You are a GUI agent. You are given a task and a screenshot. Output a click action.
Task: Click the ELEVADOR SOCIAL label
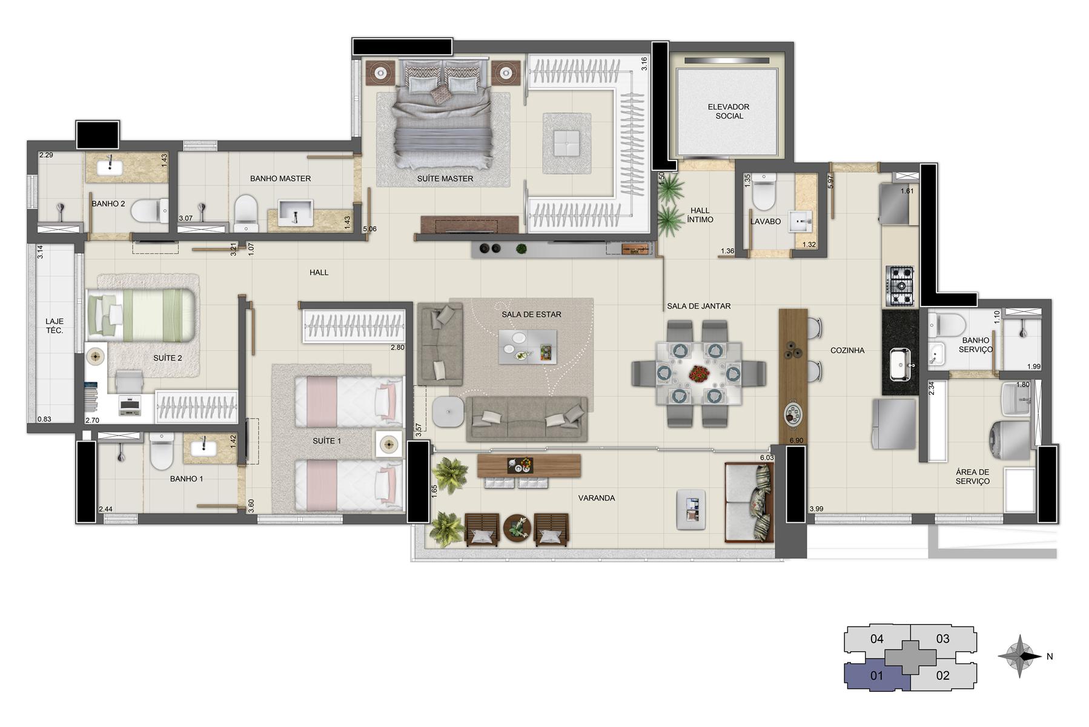coord(729,111)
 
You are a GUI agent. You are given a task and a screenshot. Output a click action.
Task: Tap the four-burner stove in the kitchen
coord(900,286)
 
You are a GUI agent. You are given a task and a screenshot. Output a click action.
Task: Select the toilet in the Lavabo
coord(763,192)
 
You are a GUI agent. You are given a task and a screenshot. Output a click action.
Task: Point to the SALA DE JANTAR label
coord(699,306)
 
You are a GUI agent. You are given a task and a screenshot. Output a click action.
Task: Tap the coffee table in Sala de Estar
coord(528,347)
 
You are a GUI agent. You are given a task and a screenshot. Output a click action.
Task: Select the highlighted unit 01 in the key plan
coord(876,676)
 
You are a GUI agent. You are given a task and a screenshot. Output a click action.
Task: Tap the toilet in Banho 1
coord(161,453)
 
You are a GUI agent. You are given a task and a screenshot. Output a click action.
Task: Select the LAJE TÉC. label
coord(55,326)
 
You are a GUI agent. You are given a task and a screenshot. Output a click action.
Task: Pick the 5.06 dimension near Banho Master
coord(369,229)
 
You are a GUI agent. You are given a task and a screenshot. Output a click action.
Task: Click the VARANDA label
coord(596,498)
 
